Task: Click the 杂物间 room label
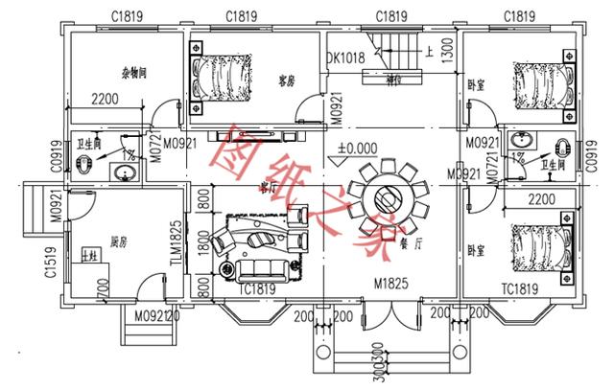tap(132, 73)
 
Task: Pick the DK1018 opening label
tap(346, 57)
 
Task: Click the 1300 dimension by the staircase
tap(448, 51)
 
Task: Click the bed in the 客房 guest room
tap(222, 77)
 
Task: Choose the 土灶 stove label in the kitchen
tap(90, 255)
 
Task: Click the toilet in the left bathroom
tap(85, 165)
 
